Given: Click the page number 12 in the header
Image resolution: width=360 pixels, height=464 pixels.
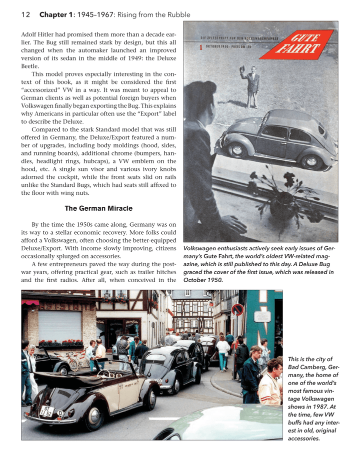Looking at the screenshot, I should tap(26, 15).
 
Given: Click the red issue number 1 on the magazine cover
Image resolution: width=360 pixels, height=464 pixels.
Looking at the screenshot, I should tap(200, 48).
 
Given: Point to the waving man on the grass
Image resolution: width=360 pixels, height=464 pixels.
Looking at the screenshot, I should tap(252, 85).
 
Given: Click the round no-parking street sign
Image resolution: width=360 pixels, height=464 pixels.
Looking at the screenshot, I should tap(237, 310).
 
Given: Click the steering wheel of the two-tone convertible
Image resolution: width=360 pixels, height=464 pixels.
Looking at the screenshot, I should tap(103, 374).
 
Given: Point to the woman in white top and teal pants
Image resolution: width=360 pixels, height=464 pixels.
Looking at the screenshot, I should tap(223, 352).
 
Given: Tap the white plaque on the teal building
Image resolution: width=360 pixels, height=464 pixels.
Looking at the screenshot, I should tap(262, 316).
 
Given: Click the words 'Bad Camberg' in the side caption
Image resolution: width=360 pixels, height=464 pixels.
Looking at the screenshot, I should tap(305, 367).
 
